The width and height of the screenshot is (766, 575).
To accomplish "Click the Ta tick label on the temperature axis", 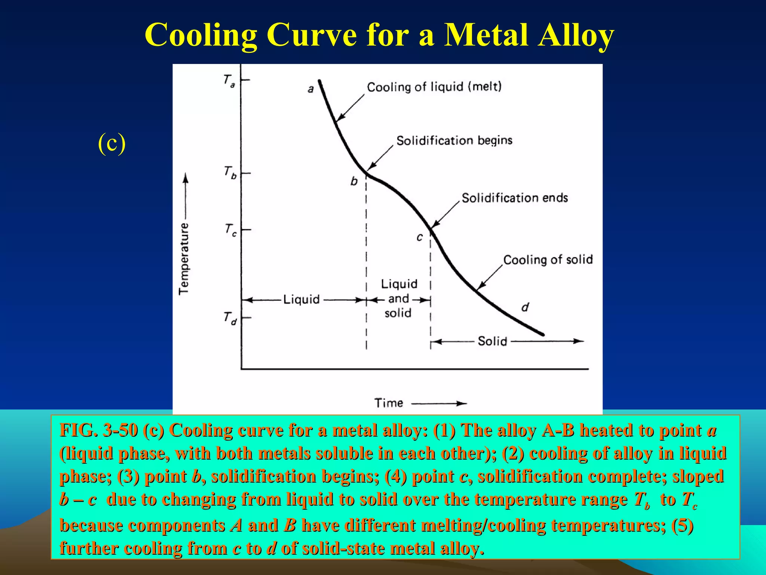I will click(229, 81).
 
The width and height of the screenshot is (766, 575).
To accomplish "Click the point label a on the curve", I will click(310, 89).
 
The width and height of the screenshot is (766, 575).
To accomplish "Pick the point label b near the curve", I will click(354, 182).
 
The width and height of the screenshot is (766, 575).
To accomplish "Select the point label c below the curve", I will click(420, 237).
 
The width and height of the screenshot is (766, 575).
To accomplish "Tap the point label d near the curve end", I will click(525, 307).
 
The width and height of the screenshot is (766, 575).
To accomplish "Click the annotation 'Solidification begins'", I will click(454, 141).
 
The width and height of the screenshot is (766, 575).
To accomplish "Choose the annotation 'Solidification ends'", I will click(515, 198).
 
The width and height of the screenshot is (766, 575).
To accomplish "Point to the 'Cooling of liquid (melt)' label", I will click(434, 87).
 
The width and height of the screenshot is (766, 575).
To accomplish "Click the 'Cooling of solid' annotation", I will click(548, 259).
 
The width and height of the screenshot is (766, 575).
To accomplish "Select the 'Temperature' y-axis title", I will click(184, 259).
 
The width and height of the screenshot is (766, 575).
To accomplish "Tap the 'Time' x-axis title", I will click(389, 403).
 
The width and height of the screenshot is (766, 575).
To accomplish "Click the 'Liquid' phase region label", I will click(301, 299).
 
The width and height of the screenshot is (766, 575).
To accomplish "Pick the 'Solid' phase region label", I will click(492, 341).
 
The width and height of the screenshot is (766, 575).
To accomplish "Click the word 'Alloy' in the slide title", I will click(576, 35).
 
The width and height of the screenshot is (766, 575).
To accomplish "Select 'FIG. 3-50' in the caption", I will click(99, 431).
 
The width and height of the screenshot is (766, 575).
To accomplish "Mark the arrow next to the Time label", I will click(439, 403).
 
